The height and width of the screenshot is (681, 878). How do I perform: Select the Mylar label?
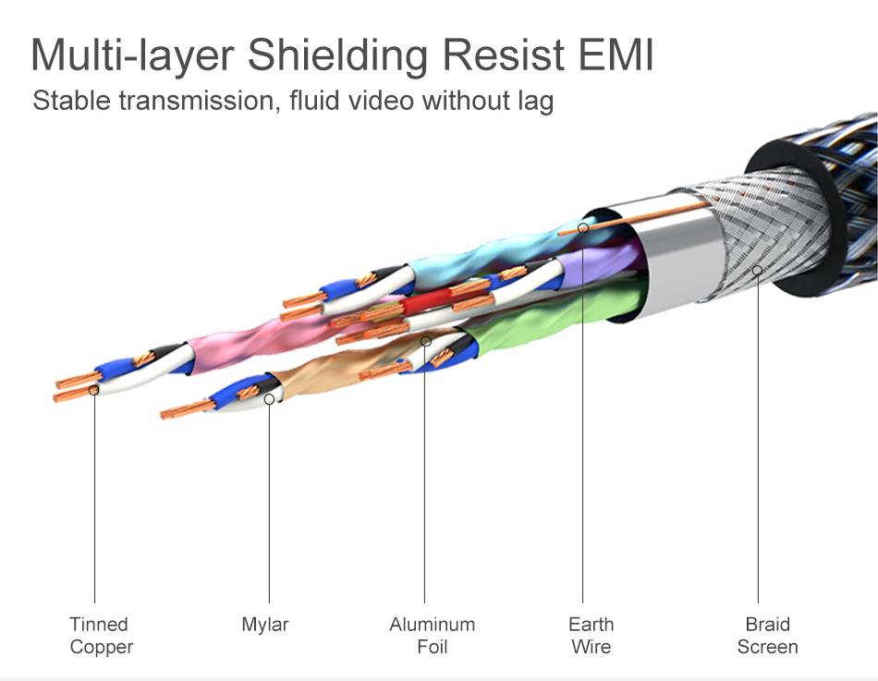click(265, 625)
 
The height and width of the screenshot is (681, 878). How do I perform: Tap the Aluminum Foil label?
click(432, 636)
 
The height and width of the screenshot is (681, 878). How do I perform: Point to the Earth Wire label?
click(591, 636)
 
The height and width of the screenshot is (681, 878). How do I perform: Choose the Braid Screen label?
click(767, 636)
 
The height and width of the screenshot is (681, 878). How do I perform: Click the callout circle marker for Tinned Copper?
click(94, 391)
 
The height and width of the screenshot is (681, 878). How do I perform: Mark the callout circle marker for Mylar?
click(269, 399)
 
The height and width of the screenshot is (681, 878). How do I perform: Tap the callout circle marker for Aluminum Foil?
click(426, 341)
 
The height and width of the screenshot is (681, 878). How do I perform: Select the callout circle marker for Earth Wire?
click(583, 226)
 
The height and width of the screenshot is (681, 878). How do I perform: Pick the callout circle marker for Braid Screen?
click(757, 271)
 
